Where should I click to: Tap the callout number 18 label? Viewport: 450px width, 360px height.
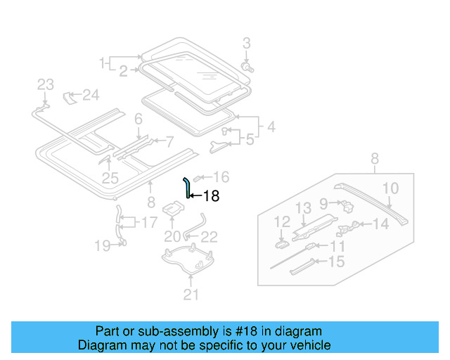tap(211, 198)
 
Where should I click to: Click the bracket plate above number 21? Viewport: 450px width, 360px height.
tap(188, 262)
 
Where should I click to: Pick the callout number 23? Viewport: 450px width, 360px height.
tap(45, 85)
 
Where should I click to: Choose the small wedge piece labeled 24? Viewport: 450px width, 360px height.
tap(71, 96)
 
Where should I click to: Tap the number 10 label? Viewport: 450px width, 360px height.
tap(390, 188)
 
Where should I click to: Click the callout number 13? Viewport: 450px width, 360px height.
tap(302, 207)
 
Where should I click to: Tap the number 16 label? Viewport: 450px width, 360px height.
tap(221, 176)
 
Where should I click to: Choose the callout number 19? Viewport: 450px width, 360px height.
tap(103, 245)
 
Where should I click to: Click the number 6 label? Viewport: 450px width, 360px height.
tap(139, 120)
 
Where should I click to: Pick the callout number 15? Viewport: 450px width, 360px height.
tap(337, 262)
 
